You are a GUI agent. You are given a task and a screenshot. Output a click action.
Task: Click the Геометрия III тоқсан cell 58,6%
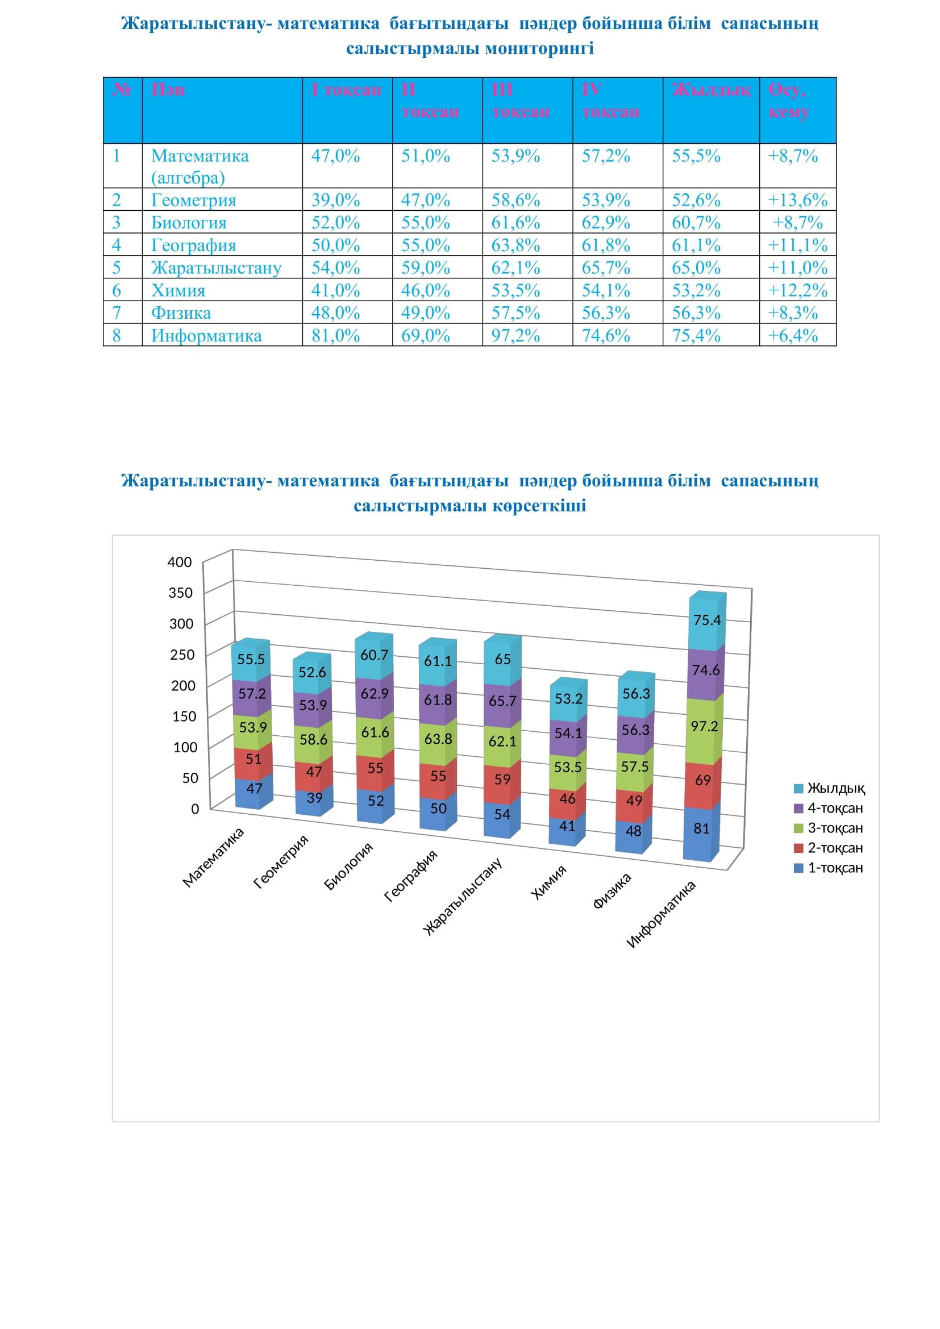(x=515, y=200)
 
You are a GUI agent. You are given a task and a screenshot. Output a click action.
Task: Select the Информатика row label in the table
(x=206, y=336)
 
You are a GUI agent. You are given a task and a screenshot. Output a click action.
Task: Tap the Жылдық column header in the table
(x=711, y=90)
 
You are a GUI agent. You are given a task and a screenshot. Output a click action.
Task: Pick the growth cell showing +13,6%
(x=797, y=200)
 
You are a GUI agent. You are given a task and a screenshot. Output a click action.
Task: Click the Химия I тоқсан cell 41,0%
(x=335, y=290)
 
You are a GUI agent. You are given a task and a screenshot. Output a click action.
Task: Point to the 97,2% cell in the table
(x=515, y=336)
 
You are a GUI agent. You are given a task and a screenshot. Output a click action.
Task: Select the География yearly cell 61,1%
(x=696, y=245)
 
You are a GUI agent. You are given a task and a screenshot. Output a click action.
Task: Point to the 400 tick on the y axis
(x=180, y=562)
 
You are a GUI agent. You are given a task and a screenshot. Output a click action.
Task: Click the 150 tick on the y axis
(x=184, y=716)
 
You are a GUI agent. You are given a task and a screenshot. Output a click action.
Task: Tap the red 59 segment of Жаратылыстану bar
(x=502, y=780)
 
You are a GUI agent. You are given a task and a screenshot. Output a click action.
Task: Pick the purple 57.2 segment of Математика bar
(x=252, y=694)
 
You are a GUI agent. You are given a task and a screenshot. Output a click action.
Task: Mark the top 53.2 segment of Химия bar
(x=568, y=699)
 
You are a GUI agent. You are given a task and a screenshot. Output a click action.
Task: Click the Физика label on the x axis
(x=613, y=891)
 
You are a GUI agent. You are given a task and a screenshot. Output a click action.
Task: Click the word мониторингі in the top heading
(x=539, y=49)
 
